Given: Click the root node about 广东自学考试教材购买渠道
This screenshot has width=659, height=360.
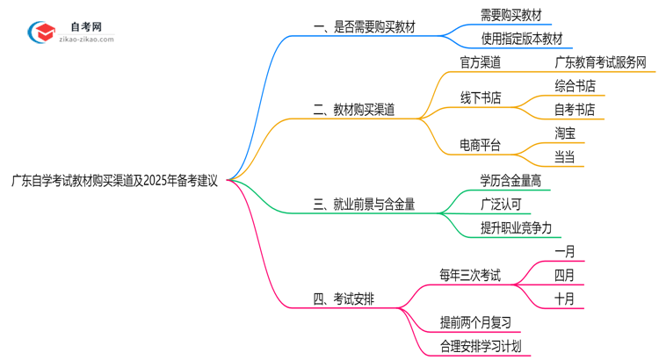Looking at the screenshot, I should [114, 181].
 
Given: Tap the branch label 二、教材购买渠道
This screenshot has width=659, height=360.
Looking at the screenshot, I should [353, 110].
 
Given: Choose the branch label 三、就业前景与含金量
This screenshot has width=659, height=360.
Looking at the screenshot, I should [364, 204].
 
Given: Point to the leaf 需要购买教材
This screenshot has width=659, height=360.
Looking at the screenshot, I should [511, 16].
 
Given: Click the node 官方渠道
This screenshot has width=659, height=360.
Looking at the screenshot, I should [481, 62].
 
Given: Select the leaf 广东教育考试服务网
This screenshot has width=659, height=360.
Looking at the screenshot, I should [601, 62].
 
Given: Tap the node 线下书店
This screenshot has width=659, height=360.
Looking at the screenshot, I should [481, 97].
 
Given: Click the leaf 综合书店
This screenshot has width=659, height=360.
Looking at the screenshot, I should [575, 86].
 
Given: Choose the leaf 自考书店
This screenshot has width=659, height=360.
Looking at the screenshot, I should [575, 110].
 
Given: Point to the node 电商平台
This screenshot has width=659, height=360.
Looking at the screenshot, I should [481, 145].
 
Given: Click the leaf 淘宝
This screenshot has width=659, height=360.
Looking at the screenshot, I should [565, 133].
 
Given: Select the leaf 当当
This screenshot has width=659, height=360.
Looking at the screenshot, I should [565, 157].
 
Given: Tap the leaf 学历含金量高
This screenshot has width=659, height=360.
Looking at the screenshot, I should [511, 181].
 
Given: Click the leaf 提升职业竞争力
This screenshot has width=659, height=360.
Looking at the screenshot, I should [517, 227].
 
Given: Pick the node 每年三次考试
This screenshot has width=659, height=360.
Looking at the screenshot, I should [470, 275].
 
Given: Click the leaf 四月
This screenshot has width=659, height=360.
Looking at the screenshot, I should [565, 275].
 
